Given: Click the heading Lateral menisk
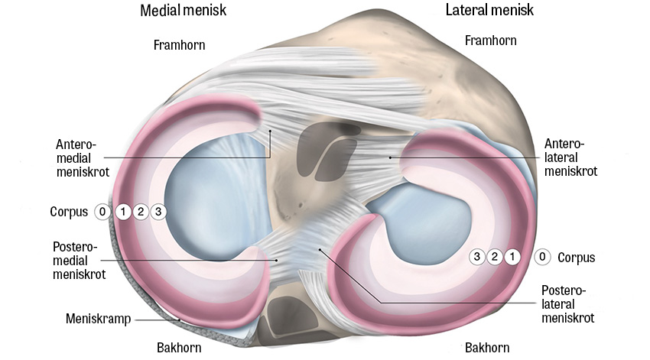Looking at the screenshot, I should click(489, 11).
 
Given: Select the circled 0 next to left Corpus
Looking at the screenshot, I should click(102, 212).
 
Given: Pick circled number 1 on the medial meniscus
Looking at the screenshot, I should click(122, 212).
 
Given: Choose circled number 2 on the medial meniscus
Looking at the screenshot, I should click(140, 212).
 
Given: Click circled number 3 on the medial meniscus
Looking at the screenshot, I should click(158, 212).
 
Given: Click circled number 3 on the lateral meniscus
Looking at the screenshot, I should click(477, 257).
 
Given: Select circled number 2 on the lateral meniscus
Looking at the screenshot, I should click(495, 257).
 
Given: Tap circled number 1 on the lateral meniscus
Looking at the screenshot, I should click(512, 257).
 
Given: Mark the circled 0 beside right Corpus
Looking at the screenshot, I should click(542, 257).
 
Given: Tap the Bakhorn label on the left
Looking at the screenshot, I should click(179, 348).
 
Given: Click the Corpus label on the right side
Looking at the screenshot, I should click(577, 258).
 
